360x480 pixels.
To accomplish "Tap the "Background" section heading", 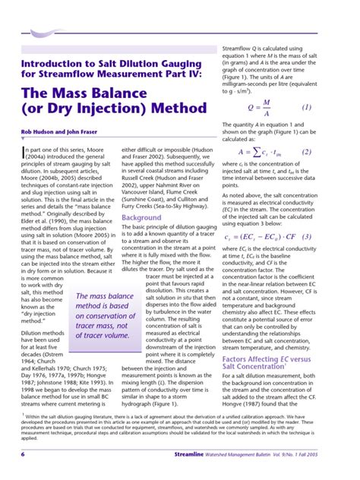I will coord(141,217).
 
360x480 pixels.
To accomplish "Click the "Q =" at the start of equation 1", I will coord(253,108).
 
